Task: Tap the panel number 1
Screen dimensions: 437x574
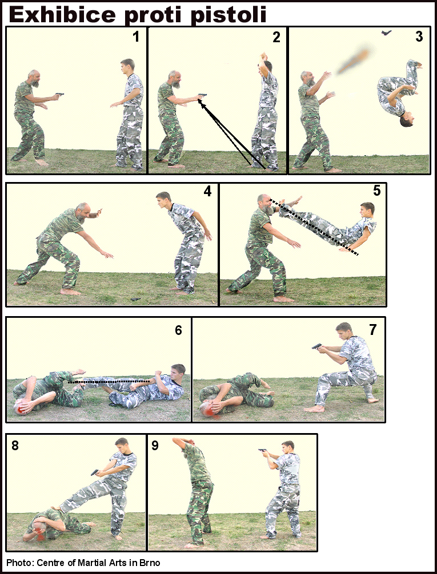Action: pos(135,37)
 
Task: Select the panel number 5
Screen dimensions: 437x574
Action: pos(376,191)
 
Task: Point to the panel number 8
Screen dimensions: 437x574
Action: pos(15,446)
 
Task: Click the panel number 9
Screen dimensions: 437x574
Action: pos(155,446)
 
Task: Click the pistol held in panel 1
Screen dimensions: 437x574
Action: pos(60,95)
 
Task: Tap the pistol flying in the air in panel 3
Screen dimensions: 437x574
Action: pos(386,33)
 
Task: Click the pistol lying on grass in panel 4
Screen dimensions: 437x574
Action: pos(135,299)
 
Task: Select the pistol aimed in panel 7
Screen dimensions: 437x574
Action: pos(316,346)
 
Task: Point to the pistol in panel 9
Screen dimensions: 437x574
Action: pos(262,450)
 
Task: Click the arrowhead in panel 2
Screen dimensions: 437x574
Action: pos(201,102)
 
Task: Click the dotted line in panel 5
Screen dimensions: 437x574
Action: pos(314,227)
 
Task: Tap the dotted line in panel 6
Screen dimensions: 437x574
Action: pos(109,382)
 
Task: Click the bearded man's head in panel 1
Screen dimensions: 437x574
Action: pos(34,78)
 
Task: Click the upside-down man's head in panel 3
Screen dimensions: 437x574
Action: pos(407,120)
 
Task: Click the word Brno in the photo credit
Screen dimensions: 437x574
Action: pos(150,562)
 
